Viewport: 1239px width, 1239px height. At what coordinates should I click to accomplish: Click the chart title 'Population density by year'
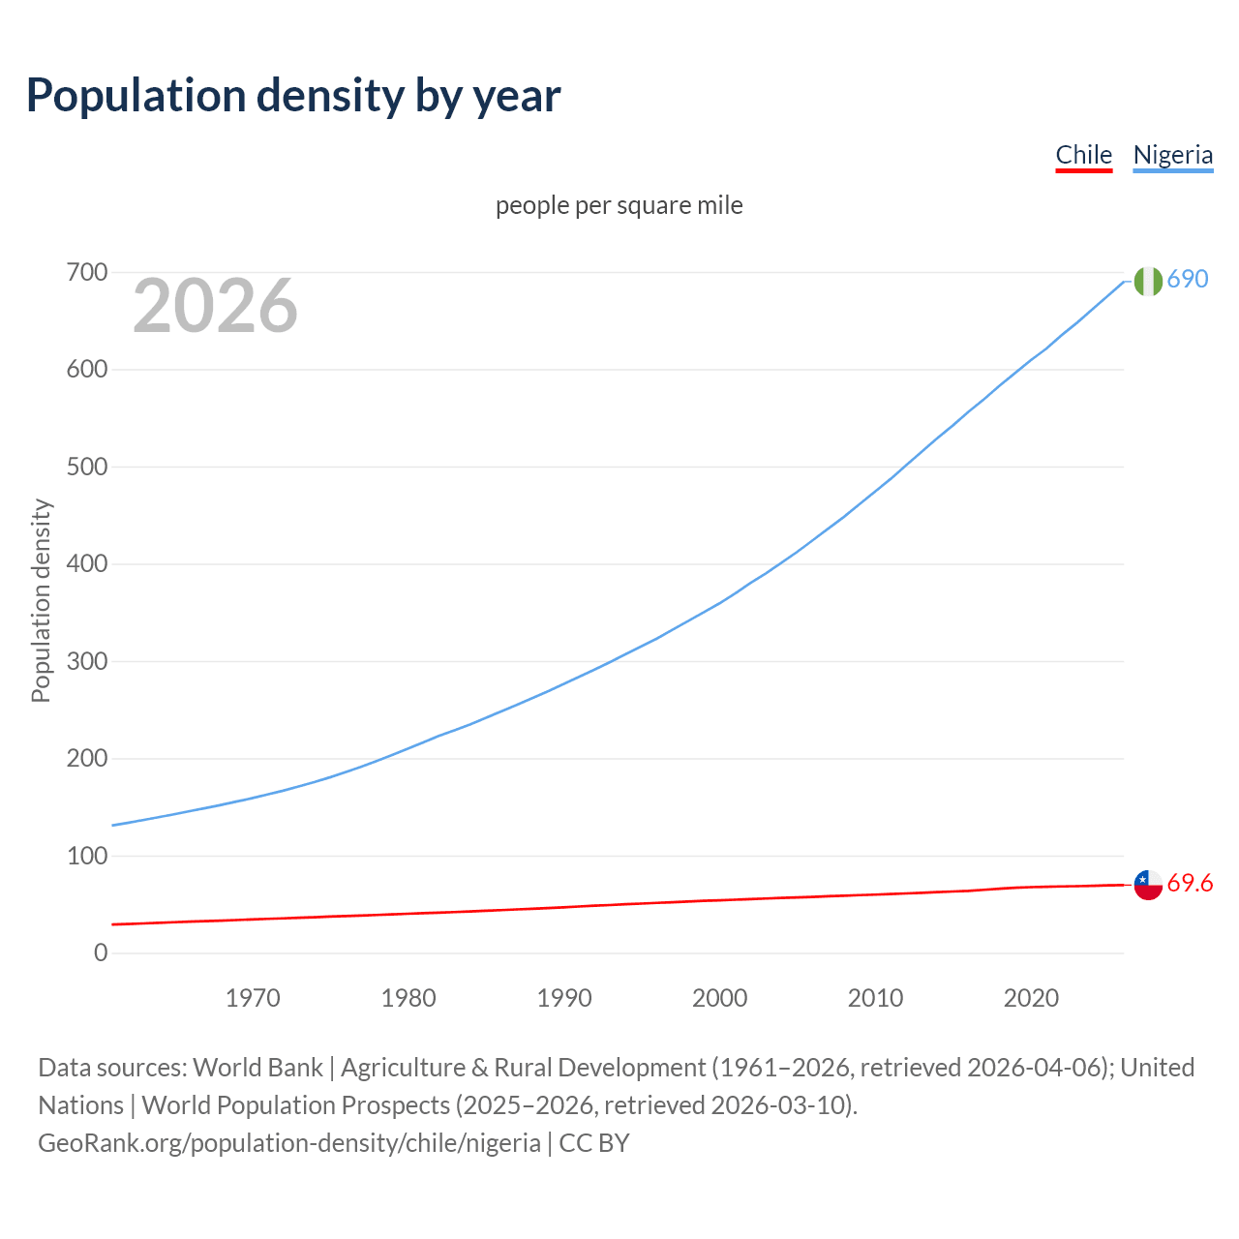293,96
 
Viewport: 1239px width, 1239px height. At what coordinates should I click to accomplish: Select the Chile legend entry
1083,155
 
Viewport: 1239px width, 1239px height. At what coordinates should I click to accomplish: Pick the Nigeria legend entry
1172,155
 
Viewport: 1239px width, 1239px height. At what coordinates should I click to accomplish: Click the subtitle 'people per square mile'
619,206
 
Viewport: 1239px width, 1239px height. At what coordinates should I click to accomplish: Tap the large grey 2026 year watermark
215,306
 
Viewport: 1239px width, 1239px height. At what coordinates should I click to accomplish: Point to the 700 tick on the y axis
87,273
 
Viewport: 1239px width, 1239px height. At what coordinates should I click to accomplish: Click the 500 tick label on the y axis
87,468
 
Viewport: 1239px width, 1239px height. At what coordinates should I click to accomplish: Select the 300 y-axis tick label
87,662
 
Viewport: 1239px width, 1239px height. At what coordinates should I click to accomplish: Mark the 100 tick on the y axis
87,857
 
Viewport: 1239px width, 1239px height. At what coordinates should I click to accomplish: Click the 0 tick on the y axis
101,953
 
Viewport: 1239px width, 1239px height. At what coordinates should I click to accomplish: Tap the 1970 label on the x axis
253,998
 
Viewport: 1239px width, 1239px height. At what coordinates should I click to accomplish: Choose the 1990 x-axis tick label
564,998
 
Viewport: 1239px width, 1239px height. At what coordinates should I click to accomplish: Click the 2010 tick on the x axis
875,998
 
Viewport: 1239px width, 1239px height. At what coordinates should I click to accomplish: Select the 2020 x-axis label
1031,998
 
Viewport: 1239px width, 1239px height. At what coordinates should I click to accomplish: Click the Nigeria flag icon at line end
1148,281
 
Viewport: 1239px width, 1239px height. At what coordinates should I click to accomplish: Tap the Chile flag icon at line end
1148,884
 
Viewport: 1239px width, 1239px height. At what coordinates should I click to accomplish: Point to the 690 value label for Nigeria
1188,280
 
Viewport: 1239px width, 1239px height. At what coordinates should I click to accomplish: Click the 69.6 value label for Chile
1190,884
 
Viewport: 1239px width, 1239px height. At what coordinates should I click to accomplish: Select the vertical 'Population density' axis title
41,600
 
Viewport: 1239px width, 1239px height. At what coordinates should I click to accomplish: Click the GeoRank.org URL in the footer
289,1143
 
